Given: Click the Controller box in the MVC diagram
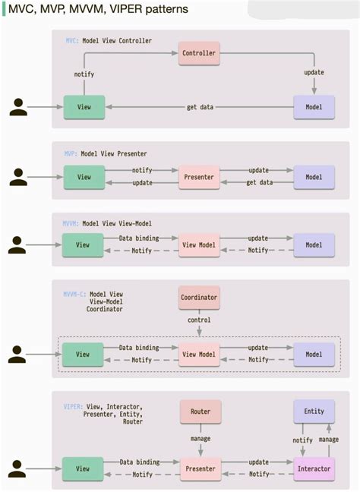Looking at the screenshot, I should point(200,53).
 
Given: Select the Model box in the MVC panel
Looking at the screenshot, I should point(314,107).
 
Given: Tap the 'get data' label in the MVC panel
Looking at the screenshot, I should point(201,107).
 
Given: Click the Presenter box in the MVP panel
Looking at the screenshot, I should point(200,177).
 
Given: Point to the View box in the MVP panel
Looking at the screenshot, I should point(83,177).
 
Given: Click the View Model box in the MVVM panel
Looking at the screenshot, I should point(200,245).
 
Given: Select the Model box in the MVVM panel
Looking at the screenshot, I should point(314,245).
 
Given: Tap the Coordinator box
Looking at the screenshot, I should point(200,298).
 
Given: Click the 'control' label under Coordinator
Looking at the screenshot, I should point(200,320).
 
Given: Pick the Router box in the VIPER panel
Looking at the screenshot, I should point(201,412).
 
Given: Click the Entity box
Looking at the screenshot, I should point(314,412).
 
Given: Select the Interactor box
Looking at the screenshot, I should point(314,468).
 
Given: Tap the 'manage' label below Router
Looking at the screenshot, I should point(201,439).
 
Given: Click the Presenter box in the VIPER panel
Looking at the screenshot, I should point(200,468).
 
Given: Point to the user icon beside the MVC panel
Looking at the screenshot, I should point(18,107).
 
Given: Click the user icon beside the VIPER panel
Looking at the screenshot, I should point(18,468).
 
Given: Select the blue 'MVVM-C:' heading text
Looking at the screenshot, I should point(74,294).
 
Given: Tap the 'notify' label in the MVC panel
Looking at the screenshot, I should point(84,74).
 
